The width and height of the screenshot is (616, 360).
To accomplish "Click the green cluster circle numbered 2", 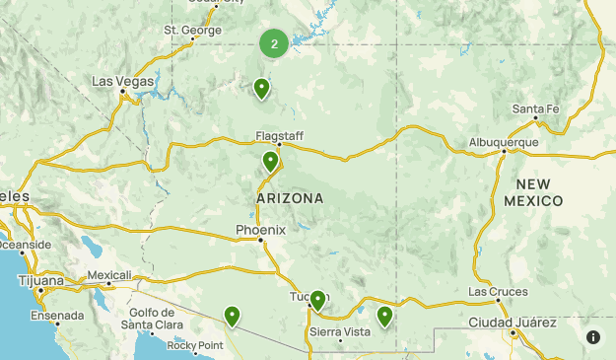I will point(274,42).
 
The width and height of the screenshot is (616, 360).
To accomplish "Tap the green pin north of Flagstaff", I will point(261,89).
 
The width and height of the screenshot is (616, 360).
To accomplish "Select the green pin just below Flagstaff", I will point(270,162).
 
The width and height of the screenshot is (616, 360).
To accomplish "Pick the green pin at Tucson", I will point(317,301).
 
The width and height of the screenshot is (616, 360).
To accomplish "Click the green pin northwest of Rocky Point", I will point(232,316).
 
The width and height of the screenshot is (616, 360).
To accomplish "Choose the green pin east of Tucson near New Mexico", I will point(384,316).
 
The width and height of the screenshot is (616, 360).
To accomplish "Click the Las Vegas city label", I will point(123,81).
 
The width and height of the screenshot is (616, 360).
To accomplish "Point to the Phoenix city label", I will point(260,230).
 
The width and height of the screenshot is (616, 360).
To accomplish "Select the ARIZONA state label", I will point(290,198).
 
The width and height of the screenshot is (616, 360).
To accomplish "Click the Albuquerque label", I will point(504,142).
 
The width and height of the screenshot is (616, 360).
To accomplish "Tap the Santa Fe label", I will point(535,108).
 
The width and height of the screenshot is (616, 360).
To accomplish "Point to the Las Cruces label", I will point(498,292).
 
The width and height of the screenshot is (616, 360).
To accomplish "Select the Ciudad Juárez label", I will point(513,323).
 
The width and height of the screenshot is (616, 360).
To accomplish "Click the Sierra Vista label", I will point(340,331).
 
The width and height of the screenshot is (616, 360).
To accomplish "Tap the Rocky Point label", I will point(196,345).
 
